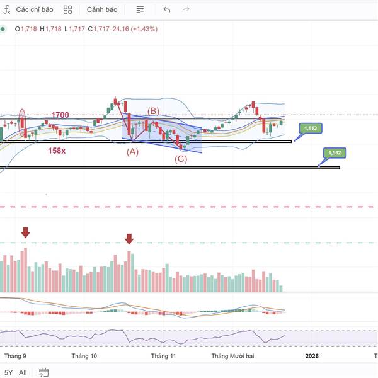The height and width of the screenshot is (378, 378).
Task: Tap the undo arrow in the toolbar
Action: pyautogui.click(x=166, y=10)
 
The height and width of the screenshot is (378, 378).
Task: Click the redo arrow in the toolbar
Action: pyautogui.click(x=186, y=10)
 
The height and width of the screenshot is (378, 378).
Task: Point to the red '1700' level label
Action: pyautogui.click(x=60, y=115)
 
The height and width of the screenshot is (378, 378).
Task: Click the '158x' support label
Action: pyautogui.click(x=57, y=151)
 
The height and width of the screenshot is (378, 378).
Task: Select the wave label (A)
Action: pyautogui.click(x=132, y=152)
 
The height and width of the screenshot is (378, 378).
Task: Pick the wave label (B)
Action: pyautogui.click(x=153, y=112)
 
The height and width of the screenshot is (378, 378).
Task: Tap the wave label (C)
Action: pyautogui.click(x=181, y=159)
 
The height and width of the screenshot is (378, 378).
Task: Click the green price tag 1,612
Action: pyautogui.click(x=310, y=129)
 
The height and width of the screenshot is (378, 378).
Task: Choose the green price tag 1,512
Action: pyautogui.click(x=334, y=153)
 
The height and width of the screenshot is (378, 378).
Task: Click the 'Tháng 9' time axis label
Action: pyautogui.click(x=15, y=356)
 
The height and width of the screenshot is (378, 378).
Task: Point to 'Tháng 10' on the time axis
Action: pyautogui.click(x=84, y=356)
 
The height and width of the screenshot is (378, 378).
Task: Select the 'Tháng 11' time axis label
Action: pyautogui.click(x=163, y=356)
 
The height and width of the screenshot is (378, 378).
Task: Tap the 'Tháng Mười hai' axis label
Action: pyautogui.click(x=232, y=356)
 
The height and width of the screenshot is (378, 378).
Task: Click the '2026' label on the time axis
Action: pyautogui.click(x=312, y=356)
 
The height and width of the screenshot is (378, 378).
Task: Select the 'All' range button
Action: pyautogui.click(x=23, y=372)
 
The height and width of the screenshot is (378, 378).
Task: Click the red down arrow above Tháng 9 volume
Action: pyautogui.click(x=25, y=232)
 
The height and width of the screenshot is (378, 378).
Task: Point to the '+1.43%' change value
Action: pyautogui.click(x=144, y=29)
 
